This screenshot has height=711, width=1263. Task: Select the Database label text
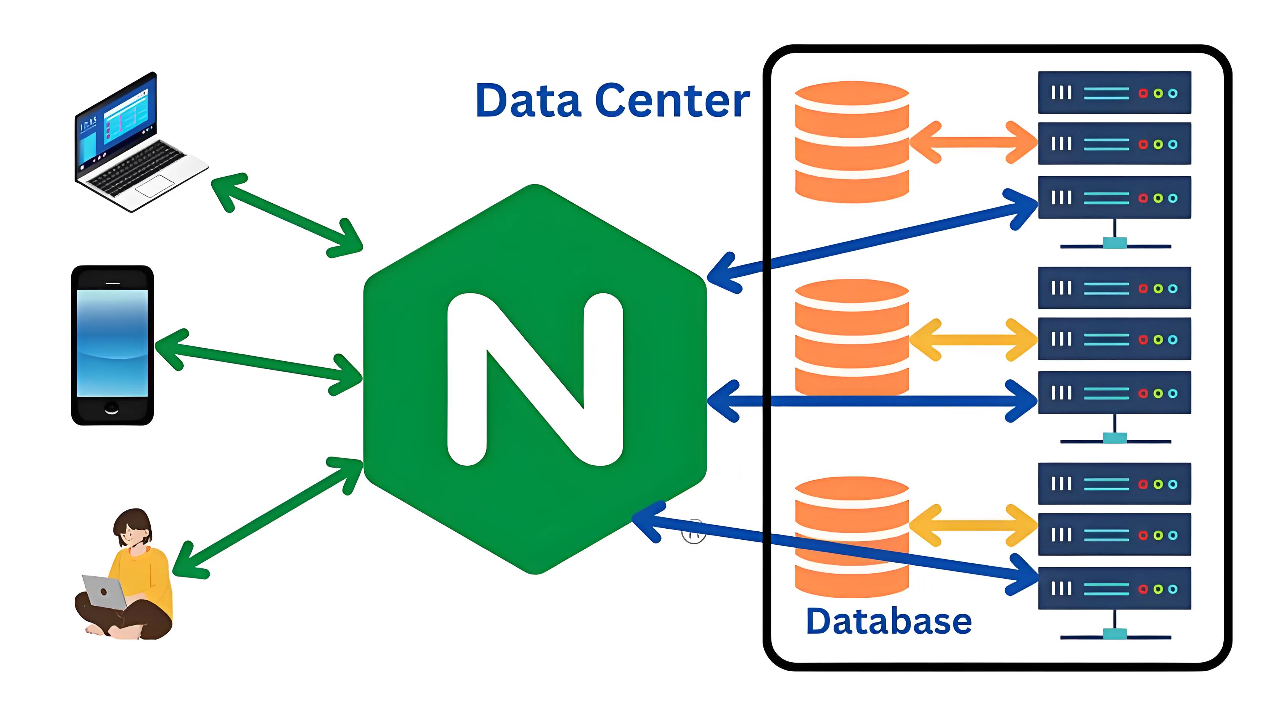coord(889,621)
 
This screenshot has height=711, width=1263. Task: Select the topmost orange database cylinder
coord(852,142)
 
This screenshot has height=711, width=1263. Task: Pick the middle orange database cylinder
coord(852,338)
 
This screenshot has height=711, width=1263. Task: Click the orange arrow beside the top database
coord(973,142)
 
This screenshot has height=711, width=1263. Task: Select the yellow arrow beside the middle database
coord(973,339)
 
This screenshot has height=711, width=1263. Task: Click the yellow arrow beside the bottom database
coord(973,525)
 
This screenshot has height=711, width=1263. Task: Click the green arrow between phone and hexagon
coord(259,362)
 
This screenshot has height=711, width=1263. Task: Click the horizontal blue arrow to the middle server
coord(873,401)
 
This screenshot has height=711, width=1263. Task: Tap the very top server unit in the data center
coord(1114,93)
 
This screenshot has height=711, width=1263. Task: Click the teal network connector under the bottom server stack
coord(1114,634)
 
